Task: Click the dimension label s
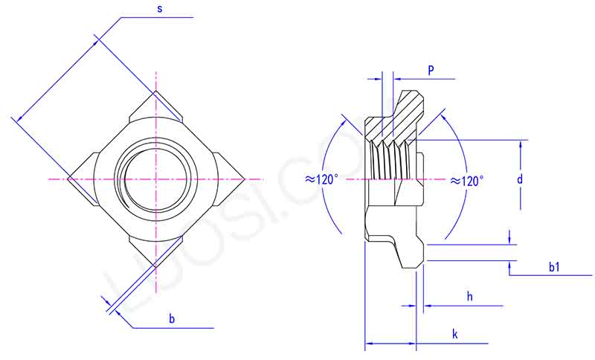tap(161, 8)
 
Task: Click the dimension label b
tap(172, 318)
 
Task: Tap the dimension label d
tap(521, 179)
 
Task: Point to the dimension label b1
tap(554, 267)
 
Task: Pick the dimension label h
tap(470, 296)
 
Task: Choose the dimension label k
tap(455, 334)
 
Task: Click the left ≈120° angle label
tap(321, 179)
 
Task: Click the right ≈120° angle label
tap(466, 180)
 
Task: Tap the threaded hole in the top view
tap(156, 179)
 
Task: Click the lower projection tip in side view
tap(410, 257)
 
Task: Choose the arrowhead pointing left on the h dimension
tap(428, 305)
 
